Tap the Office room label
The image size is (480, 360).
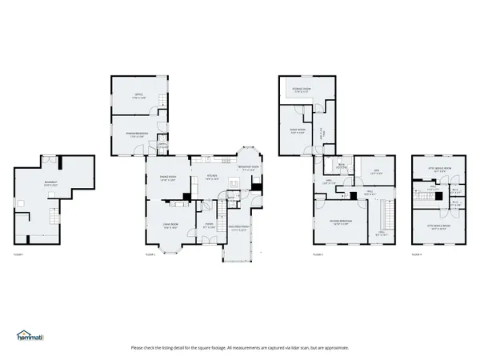[x=138, y=96]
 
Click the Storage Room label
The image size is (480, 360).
[x=302, y=89]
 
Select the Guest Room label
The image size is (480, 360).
[x=298, y=131]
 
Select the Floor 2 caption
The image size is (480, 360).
[x=150, y=254]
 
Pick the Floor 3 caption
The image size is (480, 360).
[x=317, y=254]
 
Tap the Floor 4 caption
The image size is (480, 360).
[x=416, y=254]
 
